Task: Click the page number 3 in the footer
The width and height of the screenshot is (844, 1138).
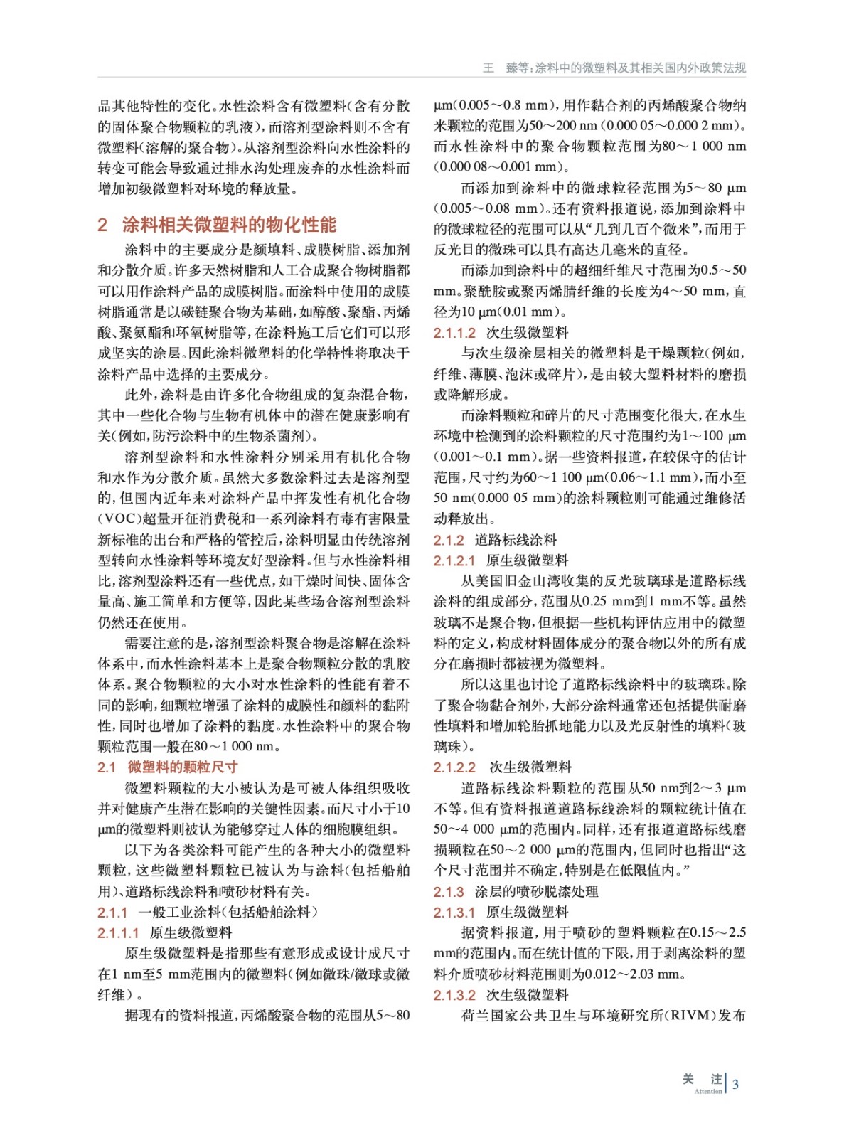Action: [735, 1084]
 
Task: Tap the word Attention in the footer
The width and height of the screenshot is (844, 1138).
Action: [707, 1091]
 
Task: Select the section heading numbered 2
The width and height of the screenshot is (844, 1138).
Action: [217, 225]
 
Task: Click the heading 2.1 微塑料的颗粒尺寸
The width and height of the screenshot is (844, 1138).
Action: [168, 767]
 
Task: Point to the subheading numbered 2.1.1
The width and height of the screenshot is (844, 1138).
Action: [208, 912]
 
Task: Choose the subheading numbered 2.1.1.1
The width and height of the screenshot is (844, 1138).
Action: [165, 932]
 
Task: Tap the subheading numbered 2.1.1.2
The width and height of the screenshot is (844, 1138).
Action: [501, 332]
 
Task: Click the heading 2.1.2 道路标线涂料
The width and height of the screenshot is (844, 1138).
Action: [495, 540]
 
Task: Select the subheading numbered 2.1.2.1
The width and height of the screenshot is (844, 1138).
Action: [501, 560]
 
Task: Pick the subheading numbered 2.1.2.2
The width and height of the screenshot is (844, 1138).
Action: [502, 767]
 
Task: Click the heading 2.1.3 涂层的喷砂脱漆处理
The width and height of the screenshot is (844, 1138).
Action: [516, 891]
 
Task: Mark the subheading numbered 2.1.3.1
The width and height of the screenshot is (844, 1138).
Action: [501, 912]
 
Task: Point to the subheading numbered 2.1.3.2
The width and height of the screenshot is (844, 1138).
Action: [501, 995]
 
